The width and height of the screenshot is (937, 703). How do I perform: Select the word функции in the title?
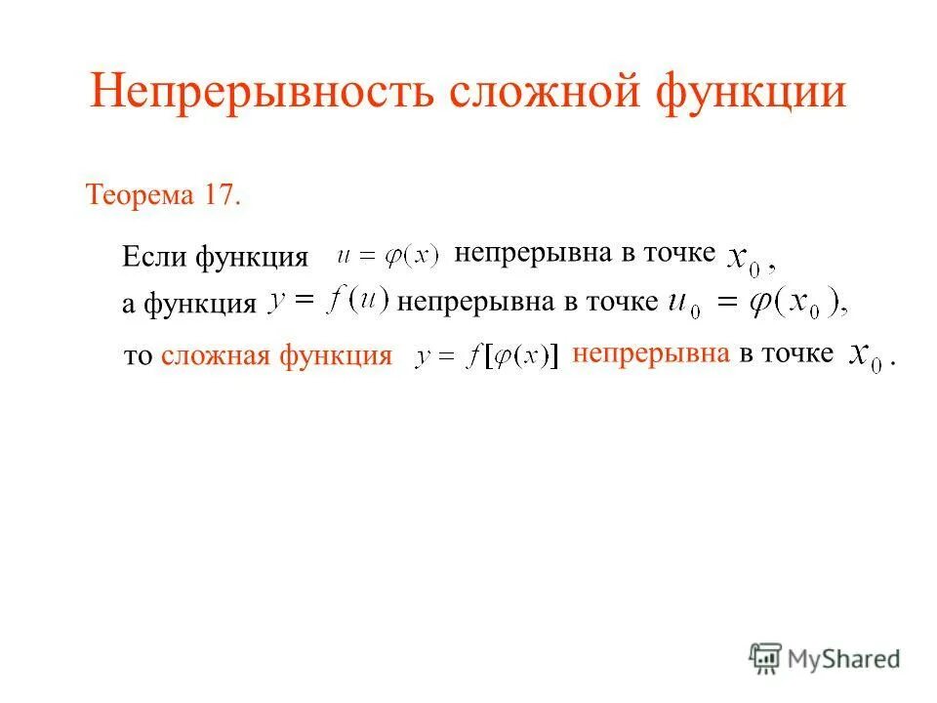(x=751, y=93)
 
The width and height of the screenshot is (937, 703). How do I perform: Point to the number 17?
(x=221, y=193)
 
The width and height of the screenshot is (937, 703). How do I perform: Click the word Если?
(x=155, y=258)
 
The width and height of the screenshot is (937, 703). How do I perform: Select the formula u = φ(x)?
(x=387, y=257)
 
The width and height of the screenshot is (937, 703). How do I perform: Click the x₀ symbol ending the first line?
(x=746, y=262)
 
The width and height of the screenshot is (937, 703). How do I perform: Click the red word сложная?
(x=216, y=356)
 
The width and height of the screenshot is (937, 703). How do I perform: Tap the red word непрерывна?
(x=651, y=353)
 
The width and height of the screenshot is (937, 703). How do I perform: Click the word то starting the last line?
(x=140, y=357)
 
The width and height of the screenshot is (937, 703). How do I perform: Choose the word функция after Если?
(x=251, y=258)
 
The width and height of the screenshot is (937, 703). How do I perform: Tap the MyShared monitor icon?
(x=765, y=658)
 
